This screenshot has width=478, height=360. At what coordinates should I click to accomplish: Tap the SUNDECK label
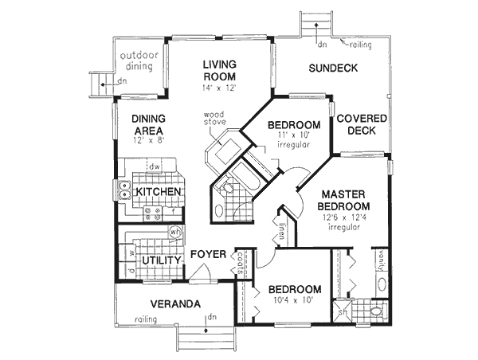click(x=331, y=69)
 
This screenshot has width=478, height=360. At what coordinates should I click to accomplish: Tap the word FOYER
click(x=210, y=255)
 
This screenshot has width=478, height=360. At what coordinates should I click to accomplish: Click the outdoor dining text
click(x=140, y=62)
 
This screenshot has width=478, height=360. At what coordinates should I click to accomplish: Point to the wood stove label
click(x=214, y=119)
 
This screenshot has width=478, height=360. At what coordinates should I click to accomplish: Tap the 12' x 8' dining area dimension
click(x=147, y=141)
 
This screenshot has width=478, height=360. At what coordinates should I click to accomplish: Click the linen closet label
click(x=282, y=232)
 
